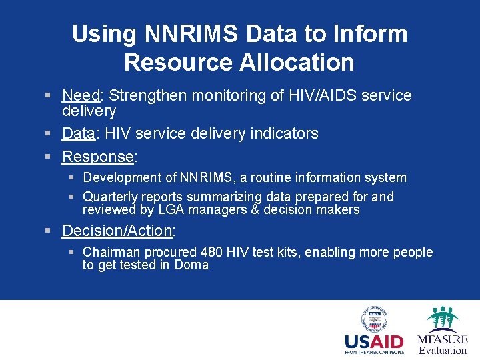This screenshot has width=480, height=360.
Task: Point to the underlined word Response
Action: [x=98, y=157]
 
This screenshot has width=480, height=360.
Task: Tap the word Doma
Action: [x=191, y=265]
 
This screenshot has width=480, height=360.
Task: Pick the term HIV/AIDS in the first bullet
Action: [x=317, y=95]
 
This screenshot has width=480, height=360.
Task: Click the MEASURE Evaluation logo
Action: [x=442, y=331]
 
